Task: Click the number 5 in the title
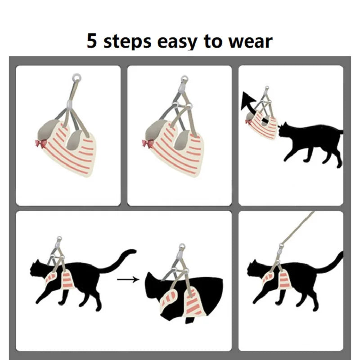click(x=92, y=40)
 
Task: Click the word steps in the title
click(x=127, y=41)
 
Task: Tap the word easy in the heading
click(x=177, y=42)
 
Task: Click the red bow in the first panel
click(x=40, y=144)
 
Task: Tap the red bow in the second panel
click(x=148, y=144)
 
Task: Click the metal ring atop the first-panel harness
click(x=76, y=77)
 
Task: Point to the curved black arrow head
click(x=247, y=100)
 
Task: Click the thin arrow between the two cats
click(x=128, y=279)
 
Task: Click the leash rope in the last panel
click(x=298, y=228)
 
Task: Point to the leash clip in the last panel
click(x=281, y=250)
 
